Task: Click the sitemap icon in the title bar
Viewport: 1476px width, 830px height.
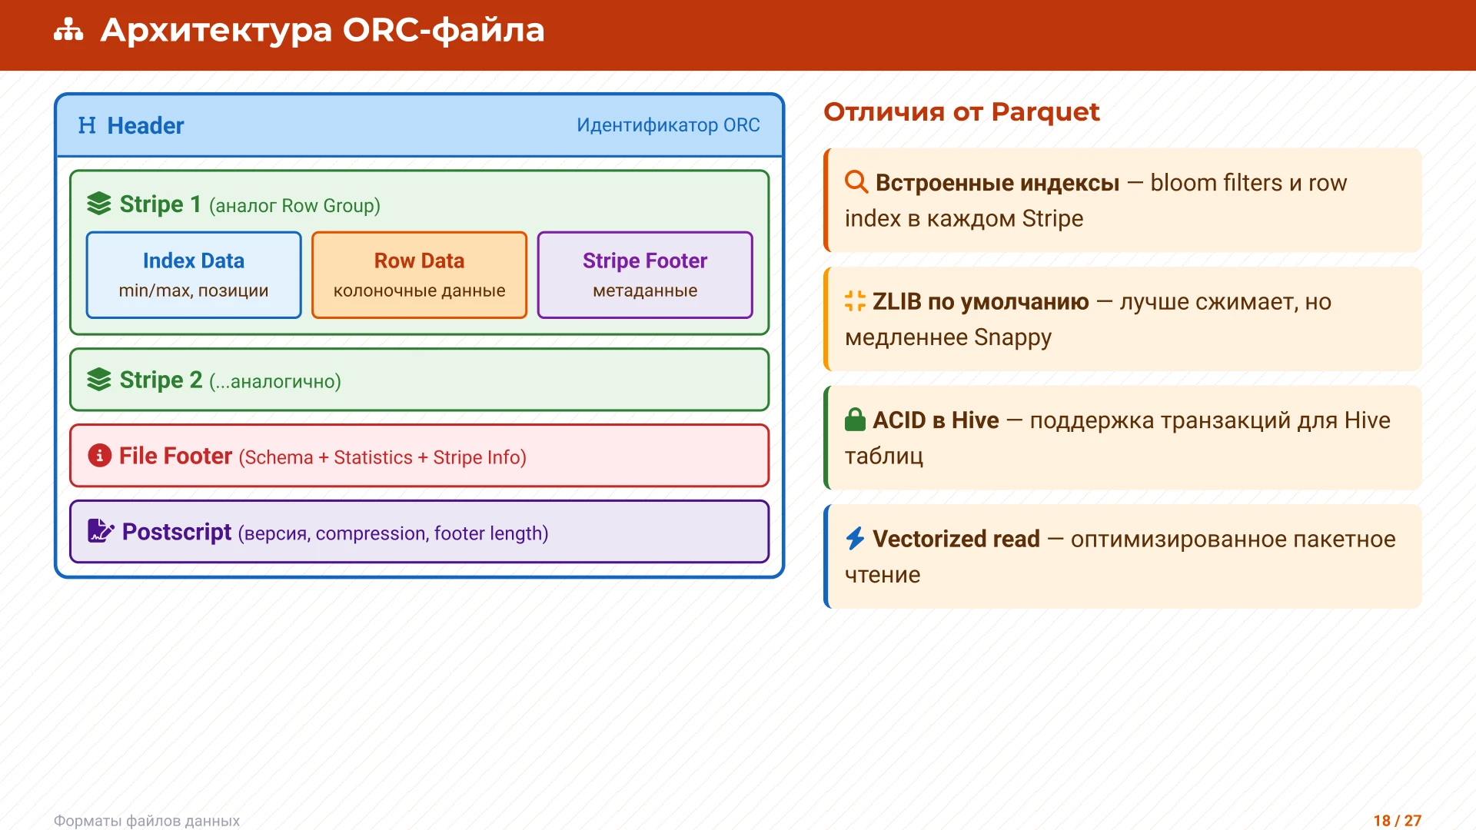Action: pyautogui.click(x=68, y=30)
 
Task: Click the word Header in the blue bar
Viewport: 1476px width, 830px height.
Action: pyautogui.click(x=145, y=125)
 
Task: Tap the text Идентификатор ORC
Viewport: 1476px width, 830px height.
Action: pyautogui.click(x=667, y=125)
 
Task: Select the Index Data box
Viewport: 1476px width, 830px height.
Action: pyautogui.click(x=194, y=274)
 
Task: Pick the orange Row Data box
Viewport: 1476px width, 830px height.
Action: pyautogui.click(x=419, y=274)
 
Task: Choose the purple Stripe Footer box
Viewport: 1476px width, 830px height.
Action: pyautogui.click(x=644, y=274)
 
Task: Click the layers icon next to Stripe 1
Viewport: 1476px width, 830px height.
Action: pyautogui.click(x=99, y=204)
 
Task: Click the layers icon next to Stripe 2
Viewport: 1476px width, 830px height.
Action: pyautogui.click(x=99, y=380)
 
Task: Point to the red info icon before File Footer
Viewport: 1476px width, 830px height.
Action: pyautogui.click(x=99, y=456)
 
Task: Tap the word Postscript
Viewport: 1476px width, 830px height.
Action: pyautogui.click(x=176, y=532)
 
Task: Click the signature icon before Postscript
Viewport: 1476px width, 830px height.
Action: pyautogui.click(x=100, y=531)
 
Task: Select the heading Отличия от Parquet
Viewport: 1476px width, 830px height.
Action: pyautogui.click(x=961, y=112)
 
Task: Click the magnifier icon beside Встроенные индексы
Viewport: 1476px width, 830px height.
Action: pyautogui.click(x=856, y=182)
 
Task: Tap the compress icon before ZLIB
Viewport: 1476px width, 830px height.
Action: pyautogui.click(x=855, y=301)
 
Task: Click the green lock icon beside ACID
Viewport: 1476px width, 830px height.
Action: pyautogui.click(x=855, y=420)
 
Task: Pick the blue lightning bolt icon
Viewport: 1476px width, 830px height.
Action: pyautogui.click(x=855, y=538)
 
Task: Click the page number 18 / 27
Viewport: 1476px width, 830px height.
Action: pyautogui.click(x=1397, y=820)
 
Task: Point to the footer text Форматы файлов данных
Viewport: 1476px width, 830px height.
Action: pyautogui.click(x=147, y=820)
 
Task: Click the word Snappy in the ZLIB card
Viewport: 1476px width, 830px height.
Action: pyautogui.click(x=1012, y=337)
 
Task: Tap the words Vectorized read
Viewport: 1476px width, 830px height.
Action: pyautogui.click(x=956, y=539)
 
